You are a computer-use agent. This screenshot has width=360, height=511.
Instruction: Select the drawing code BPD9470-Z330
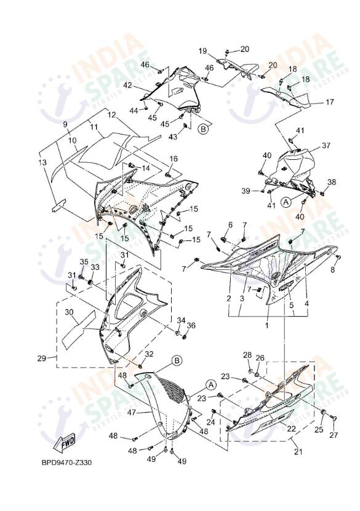[x=66, y=462]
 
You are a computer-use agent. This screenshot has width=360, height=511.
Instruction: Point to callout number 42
[x=128, y=85]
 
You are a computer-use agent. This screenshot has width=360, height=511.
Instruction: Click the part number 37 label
[x=326, y=146]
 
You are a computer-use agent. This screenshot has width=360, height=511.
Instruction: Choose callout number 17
[x=330, y=101]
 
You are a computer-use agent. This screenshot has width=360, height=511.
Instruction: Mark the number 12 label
[x=111, y=114]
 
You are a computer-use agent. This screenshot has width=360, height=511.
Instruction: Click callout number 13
[x=42, y=162]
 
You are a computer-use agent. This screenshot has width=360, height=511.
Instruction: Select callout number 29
[x=42, y=358]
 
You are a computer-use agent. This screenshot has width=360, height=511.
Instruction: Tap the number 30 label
[x=70, y=312]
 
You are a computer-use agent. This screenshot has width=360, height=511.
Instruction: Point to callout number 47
[x=130, y=412]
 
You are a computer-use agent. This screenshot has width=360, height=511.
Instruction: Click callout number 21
[x=299, y=451]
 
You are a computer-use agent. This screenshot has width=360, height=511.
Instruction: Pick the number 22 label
[x=292, y=429]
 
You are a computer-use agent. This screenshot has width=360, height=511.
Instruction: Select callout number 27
[x=333, y=435]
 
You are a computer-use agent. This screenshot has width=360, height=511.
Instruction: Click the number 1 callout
[x=266, y=325]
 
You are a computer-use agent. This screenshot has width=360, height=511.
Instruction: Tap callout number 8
[x=333, y=269]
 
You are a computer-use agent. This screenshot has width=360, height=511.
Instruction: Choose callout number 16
[x=174, y=159]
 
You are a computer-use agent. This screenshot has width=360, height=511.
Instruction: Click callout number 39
[x=246, y=191]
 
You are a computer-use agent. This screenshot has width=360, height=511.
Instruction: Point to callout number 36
[x=191, y=325]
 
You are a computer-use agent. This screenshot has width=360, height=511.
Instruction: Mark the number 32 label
[x=148, y=354]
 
